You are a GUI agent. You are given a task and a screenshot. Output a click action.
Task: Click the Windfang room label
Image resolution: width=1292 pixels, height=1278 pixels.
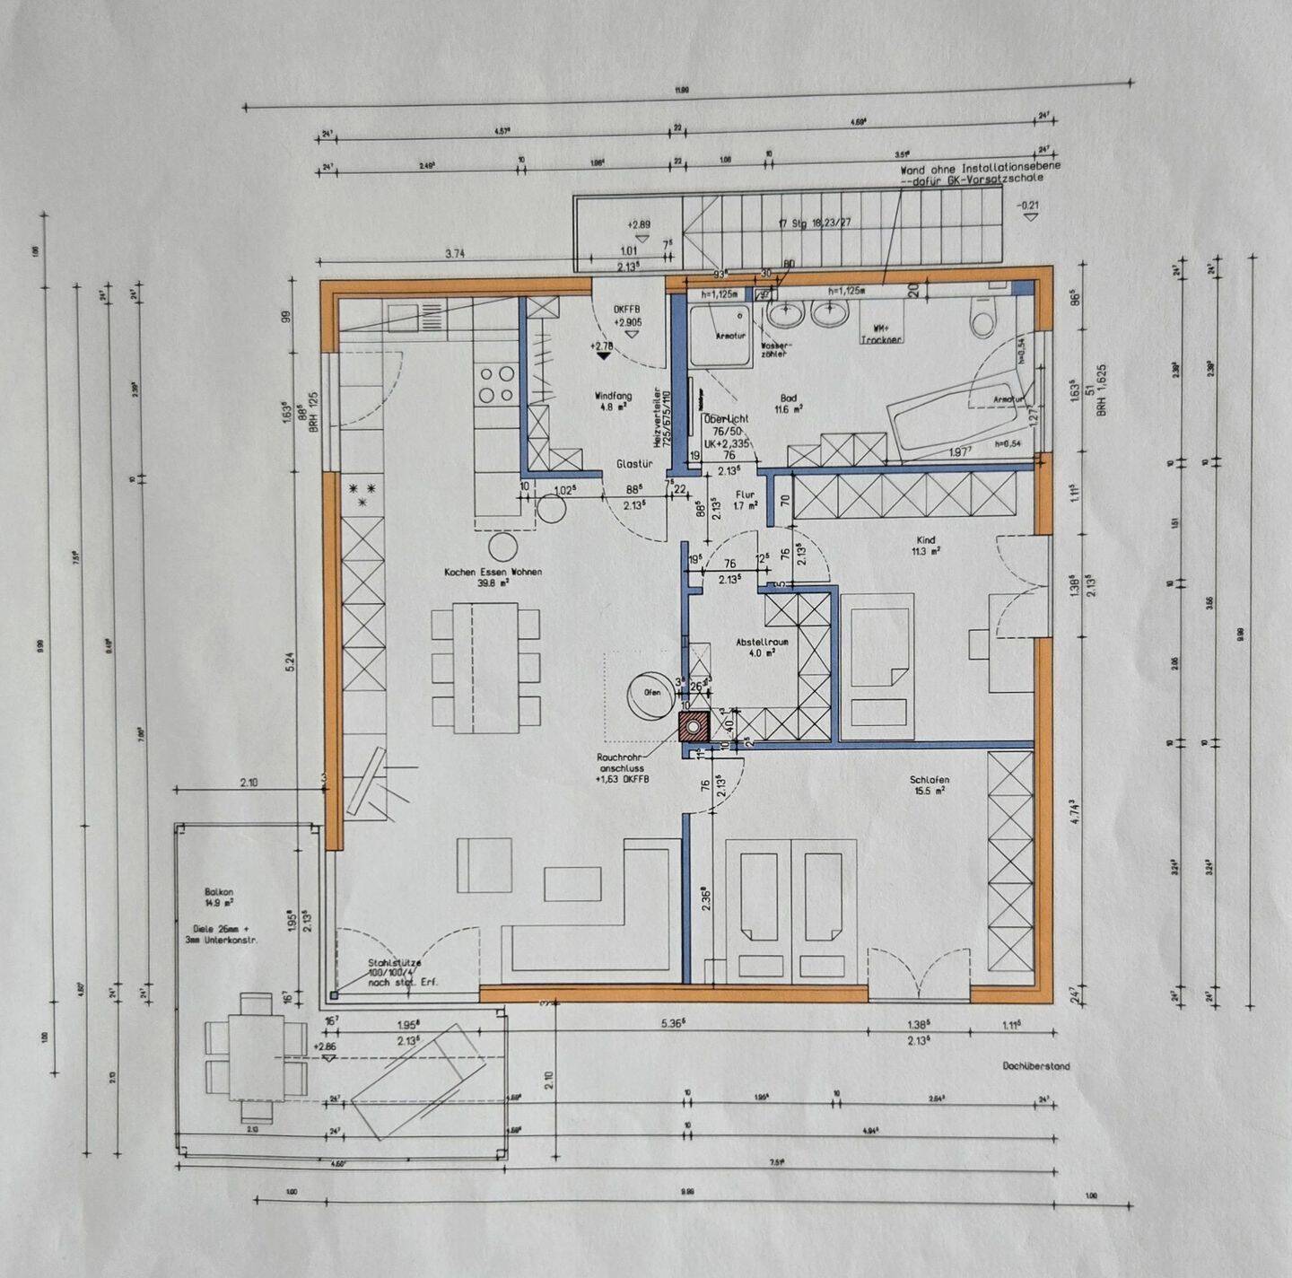pyautogui.click(x=613, y=400)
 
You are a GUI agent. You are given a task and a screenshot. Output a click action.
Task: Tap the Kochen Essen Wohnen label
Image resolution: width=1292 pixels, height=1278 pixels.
pyautogui.click(x=493, y=576)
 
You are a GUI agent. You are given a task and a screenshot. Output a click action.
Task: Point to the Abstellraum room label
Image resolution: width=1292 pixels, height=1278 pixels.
pyautogui.click(x=762, y=647)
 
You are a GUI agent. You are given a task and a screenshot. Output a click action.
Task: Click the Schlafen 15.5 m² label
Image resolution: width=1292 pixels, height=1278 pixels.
pyautogui.click(x=929, y=785)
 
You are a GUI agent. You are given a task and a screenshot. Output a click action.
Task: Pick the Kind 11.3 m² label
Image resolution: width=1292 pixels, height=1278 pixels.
pyautogui.click(x=925, y=546)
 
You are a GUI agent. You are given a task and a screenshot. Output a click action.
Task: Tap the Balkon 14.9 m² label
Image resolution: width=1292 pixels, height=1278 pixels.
pyautogui.click(x=219, y=897)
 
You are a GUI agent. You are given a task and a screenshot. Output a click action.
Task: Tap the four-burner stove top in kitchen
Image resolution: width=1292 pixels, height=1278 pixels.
pyautogui.click(x=496, y=384)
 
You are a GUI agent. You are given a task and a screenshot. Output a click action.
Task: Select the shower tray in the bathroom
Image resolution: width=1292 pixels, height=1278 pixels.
pyautogui.click(x=720, y=336)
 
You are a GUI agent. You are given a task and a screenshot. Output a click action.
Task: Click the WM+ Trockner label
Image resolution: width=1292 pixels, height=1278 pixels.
pyautogui.click(x=880, y=334)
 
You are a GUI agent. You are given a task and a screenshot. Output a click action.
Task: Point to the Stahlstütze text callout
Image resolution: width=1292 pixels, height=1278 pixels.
pyautogui.click(x=395, y=973)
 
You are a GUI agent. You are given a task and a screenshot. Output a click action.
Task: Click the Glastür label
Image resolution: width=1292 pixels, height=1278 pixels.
pyautogui.click(x=633, y=464)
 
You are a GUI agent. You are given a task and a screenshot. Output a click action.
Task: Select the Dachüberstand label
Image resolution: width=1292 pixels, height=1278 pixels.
pyautogui.click(x=1035, y=1066)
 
